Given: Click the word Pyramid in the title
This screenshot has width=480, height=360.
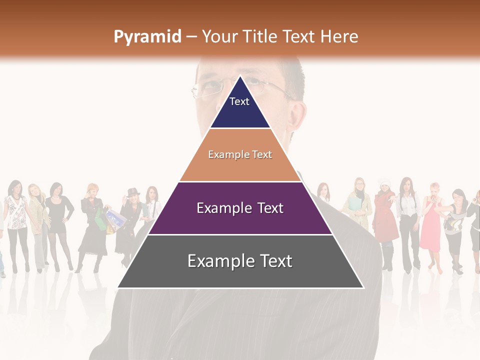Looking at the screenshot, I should tap(147, 37).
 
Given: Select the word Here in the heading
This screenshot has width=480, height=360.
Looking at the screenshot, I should tap(339, 36).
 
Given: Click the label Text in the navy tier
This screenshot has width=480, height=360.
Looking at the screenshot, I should tap(239, 101).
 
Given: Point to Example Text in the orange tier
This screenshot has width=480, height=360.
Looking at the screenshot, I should tap(240, 154).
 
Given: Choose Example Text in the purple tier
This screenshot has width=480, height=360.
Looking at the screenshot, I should tap(240, 208).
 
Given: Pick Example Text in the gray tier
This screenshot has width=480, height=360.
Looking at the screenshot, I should tap(240, 261).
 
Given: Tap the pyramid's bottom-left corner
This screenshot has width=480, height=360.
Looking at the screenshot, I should tap(118, 287).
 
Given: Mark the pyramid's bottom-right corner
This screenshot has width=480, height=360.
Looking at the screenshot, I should tap(363, 287).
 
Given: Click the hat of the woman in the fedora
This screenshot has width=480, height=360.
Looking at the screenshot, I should tap(133, 191).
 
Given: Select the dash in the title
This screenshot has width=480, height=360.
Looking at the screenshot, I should tap(191, 37).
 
